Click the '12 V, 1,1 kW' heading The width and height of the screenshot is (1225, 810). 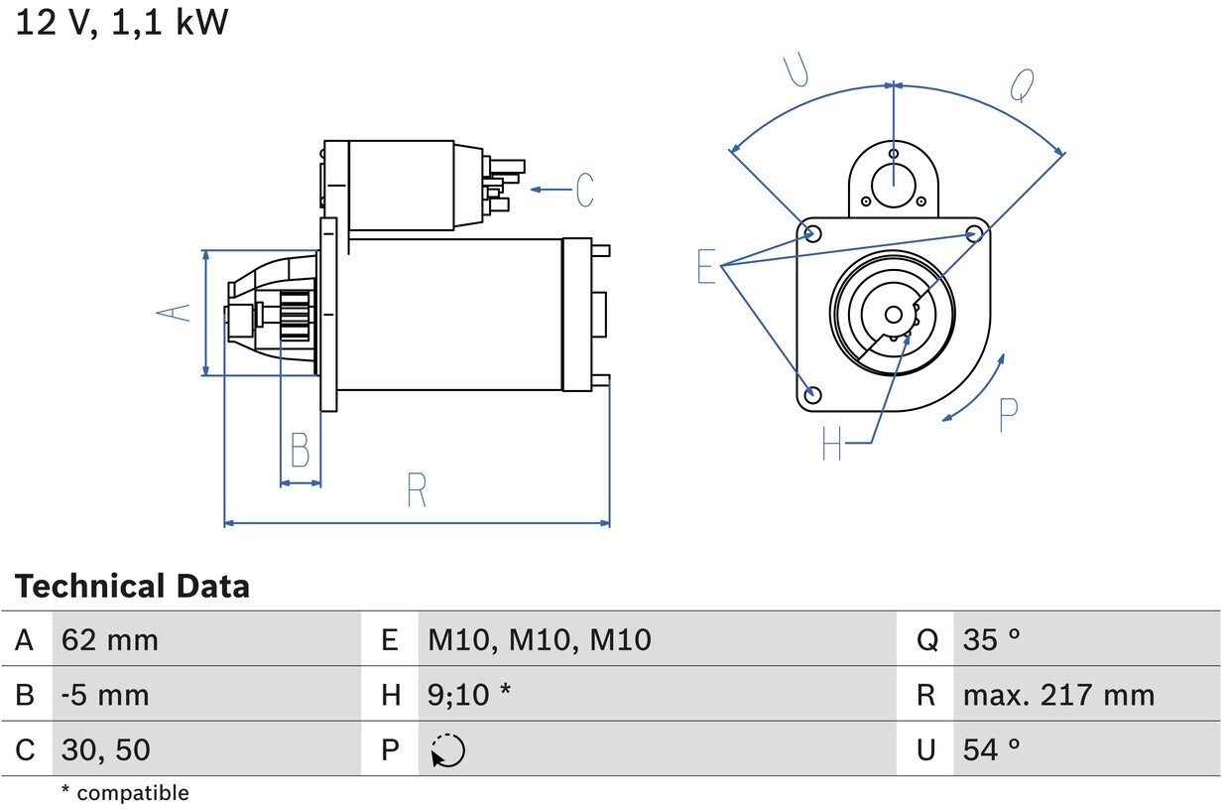(121, 22)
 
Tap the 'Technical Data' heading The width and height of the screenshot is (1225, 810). (132, 587)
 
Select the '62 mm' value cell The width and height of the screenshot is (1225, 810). (109, 640)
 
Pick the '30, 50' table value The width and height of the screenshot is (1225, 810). (105, 749)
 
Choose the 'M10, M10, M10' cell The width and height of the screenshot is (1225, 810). (539, 640)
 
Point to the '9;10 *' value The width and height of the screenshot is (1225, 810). (469, 695)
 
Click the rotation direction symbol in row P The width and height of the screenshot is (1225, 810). (447, 750)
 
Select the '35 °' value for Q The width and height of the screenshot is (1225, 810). (991, 640)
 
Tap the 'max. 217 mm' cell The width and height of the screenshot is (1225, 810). (1057, 695)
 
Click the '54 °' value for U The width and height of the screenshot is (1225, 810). (991, 749)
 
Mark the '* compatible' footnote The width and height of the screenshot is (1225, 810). (124, 793)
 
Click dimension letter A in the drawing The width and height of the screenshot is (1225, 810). (174, 312)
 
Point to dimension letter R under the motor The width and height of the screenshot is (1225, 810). (417, 490)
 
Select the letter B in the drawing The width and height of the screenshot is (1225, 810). (300, 451)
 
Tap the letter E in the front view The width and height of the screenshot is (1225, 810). (706, 267)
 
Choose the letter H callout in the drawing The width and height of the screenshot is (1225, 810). (831, 443)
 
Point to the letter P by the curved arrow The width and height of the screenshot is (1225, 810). (1008, 415)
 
